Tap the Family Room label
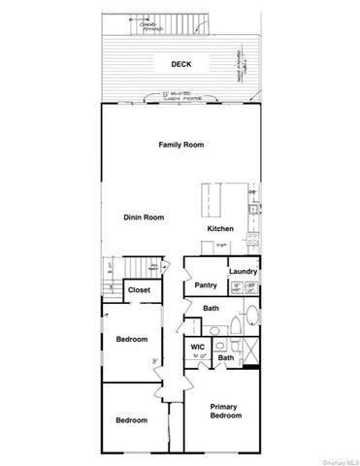pyautogui.click(x=181, y=145)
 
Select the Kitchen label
pyautogui.click(x=220, y=229)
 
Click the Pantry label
pyautogui.click(x=205, y=285)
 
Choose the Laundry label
pyautogui.click(x=242, y=272)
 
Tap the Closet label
pyautogui.click(x=139, y=289)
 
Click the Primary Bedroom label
pyautogui.click(x=224, y=411)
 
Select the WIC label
pyautogui.click(x=197, y=346)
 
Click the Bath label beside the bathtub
pyautogui.click(x=211, y=309)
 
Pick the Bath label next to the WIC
pyautogui.click(x=225, y=358)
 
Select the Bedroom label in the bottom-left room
pyautogui.click(x=131, y=420)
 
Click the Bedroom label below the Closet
pyautogui.click(x=131, y=339)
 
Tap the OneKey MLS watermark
pyautogui.click(x=339, y=460)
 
